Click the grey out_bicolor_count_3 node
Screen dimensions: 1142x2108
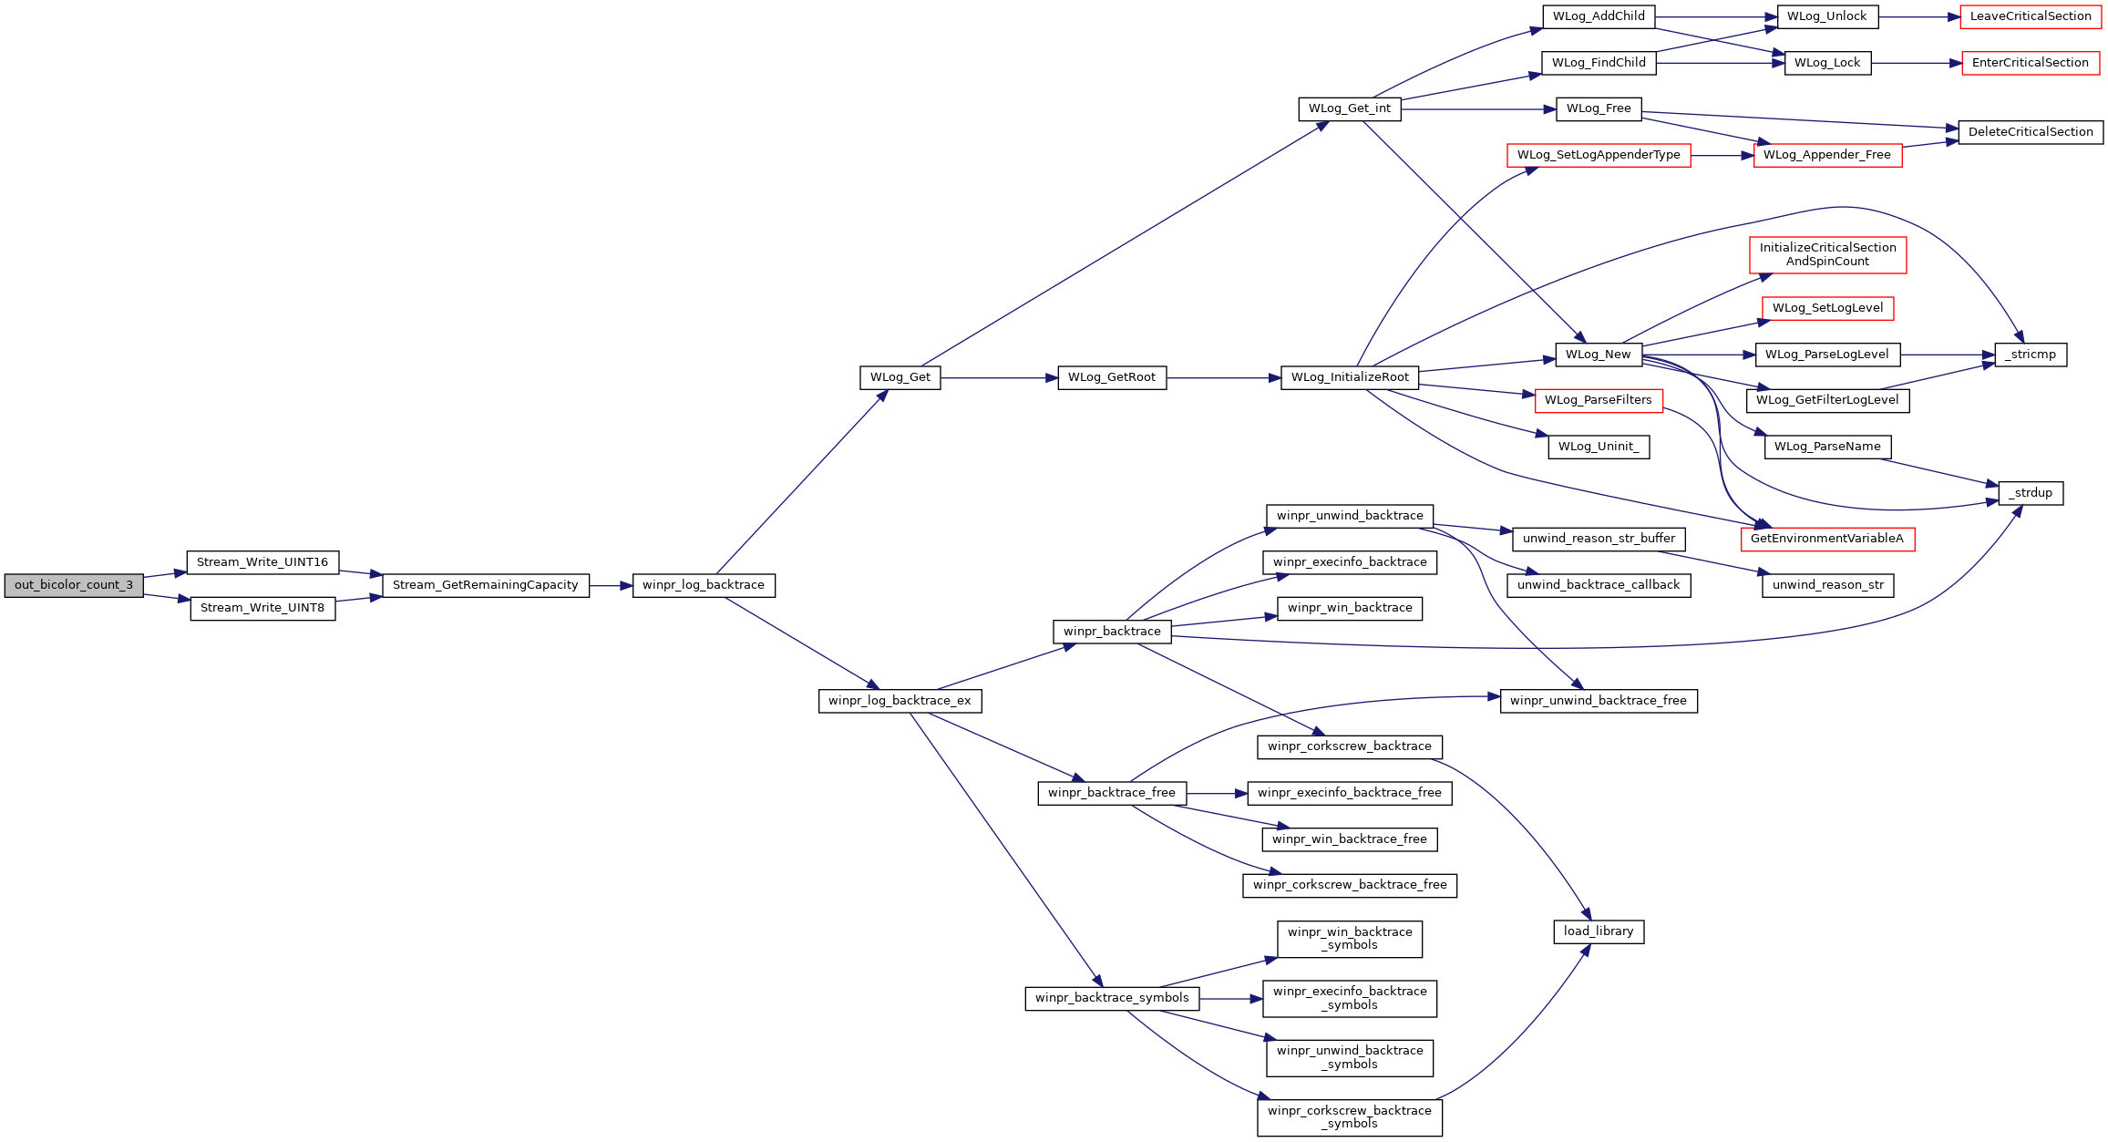[x=74, y=585]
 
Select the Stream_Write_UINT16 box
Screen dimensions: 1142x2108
[x=262, y=562]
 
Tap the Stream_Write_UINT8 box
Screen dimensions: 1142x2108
[x=262, y=608]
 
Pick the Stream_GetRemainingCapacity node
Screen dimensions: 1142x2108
[x=485, y=585]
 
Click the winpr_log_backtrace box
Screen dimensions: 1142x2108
[x=703, y=585]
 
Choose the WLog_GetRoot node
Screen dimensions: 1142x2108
[x=1111, y=377]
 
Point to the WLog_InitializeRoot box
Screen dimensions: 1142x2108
[x=1349, y=377]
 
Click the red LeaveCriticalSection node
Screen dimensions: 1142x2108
[x=2030, y=16]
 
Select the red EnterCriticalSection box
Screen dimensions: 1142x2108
[x=2030, y=63]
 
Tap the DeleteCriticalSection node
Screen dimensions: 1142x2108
[x=2030, y=132]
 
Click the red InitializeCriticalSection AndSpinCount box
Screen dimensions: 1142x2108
[x=1827, y=254]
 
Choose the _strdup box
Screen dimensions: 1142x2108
[x=2031, y=493]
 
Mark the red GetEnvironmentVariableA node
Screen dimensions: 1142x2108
[x=1826, y=539]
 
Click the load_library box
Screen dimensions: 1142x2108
[x=1598, y=931]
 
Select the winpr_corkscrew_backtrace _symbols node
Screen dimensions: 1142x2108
[x=1349, y=1117]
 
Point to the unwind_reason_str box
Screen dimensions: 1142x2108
[x=1827, y=585]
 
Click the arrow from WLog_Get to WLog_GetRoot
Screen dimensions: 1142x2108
[x=998, y=377]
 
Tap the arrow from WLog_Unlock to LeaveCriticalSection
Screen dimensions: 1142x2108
[x=1918, y=16]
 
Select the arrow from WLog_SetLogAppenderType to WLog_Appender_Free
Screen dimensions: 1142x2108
[x=1722, y=156]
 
